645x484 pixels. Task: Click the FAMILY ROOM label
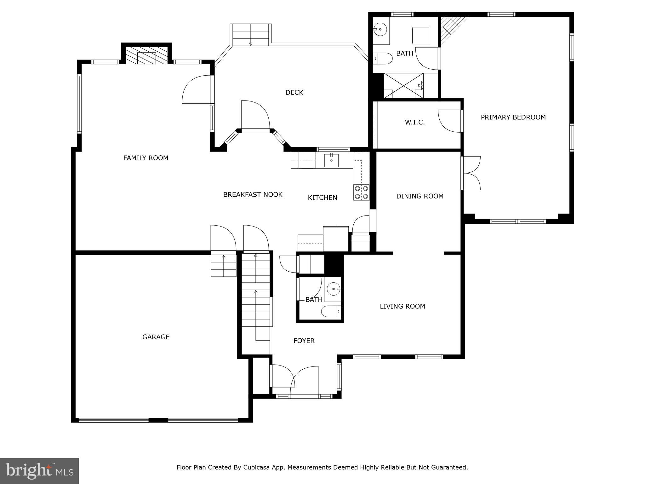(146, 158)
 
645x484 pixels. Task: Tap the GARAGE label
(156, 337)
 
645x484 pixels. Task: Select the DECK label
(294, 92)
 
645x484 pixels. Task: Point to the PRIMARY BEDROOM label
(513, 117)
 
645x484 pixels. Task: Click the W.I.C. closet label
(415, 122)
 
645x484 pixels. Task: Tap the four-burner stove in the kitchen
(361, 193)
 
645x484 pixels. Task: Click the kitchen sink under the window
(331, 160)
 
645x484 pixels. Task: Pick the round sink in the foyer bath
(333, 289)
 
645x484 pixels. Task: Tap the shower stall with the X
(403, 86)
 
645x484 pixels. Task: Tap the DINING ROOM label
(420, 196)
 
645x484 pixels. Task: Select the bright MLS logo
(39, 471)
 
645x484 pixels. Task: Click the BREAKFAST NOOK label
(253, 194)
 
